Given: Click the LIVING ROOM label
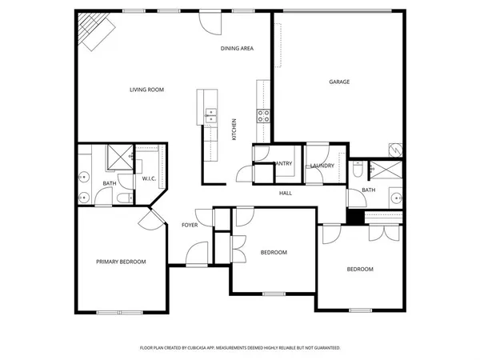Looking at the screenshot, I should (x=146, y=90).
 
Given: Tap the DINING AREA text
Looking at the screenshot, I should (x=237, y=49).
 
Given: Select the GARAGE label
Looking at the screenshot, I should (x=339, y=82).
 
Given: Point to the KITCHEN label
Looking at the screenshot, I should (x=234, y=130).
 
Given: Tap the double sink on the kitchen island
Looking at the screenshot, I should (x=210, y=116).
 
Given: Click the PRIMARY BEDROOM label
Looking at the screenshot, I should (x=121, y=262).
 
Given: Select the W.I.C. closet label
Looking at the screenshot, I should (x=149, y=178).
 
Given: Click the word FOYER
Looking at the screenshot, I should (x=190, y=225).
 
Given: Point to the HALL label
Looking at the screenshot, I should (x=285, y=194).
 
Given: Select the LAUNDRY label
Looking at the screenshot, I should (x=322, y=166).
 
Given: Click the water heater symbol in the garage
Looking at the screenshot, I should (x=394, y=149).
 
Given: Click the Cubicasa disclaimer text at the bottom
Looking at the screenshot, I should (x=240, y=348).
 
